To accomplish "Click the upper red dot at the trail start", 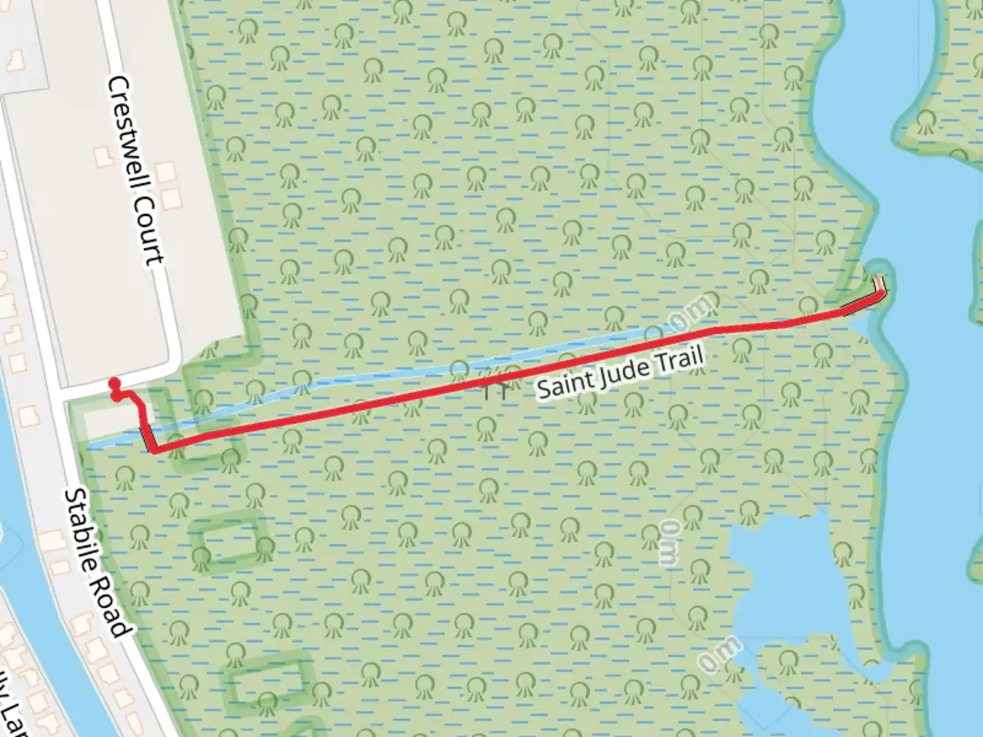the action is [x=114, y=384].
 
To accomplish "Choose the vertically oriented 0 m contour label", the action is [x=670, y=542].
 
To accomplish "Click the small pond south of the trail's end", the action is [x=778, y=587].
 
